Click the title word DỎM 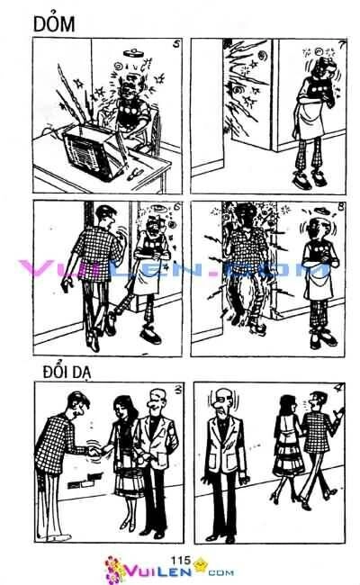[37, 27]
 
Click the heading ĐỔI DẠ [65, 370]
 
